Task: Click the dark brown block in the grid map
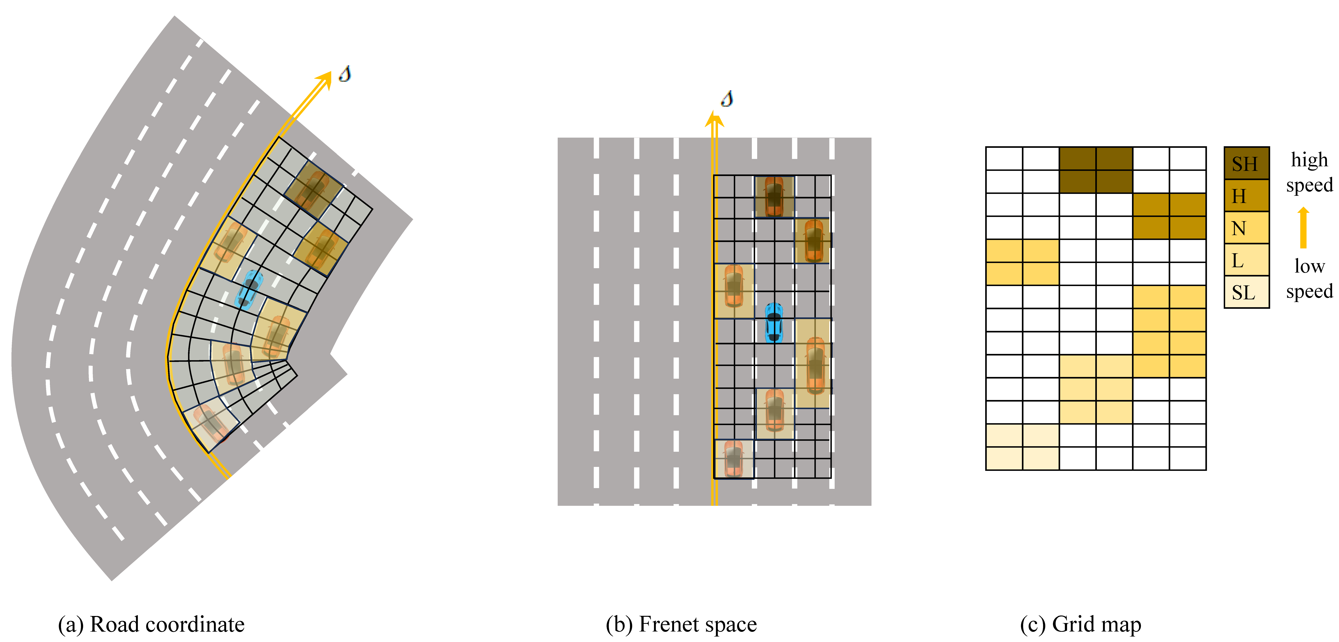[1096, 170]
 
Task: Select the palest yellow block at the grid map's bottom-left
[1022, 447]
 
